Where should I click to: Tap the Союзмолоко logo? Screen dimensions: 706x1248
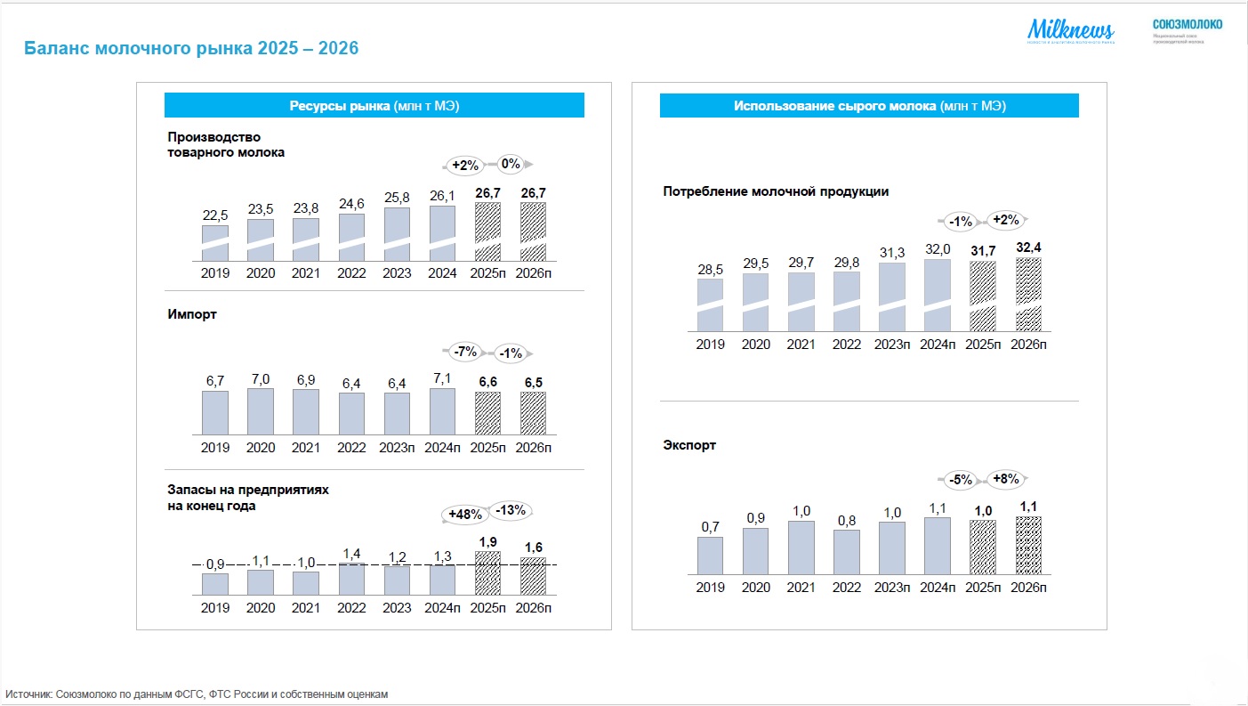1187,29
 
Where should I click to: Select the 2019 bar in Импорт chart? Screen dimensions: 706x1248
215,412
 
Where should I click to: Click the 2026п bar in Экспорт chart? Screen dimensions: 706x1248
1029,546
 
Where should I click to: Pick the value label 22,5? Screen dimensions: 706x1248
215,215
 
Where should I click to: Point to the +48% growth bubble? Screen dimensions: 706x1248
465,515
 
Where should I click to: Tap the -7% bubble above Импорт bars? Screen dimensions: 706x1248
465,352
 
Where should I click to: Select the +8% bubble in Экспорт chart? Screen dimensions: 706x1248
1005,479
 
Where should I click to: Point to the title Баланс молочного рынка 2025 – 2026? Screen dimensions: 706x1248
190,48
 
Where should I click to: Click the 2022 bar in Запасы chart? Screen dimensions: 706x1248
351,578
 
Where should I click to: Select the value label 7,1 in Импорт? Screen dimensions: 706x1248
442,378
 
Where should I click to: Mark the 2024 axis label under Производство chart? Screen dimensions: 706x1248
442,273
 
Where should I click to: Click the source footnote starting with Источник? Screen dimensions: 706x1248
197,694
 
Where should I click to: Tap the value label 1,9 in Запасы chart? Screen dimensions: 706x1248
487,540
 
